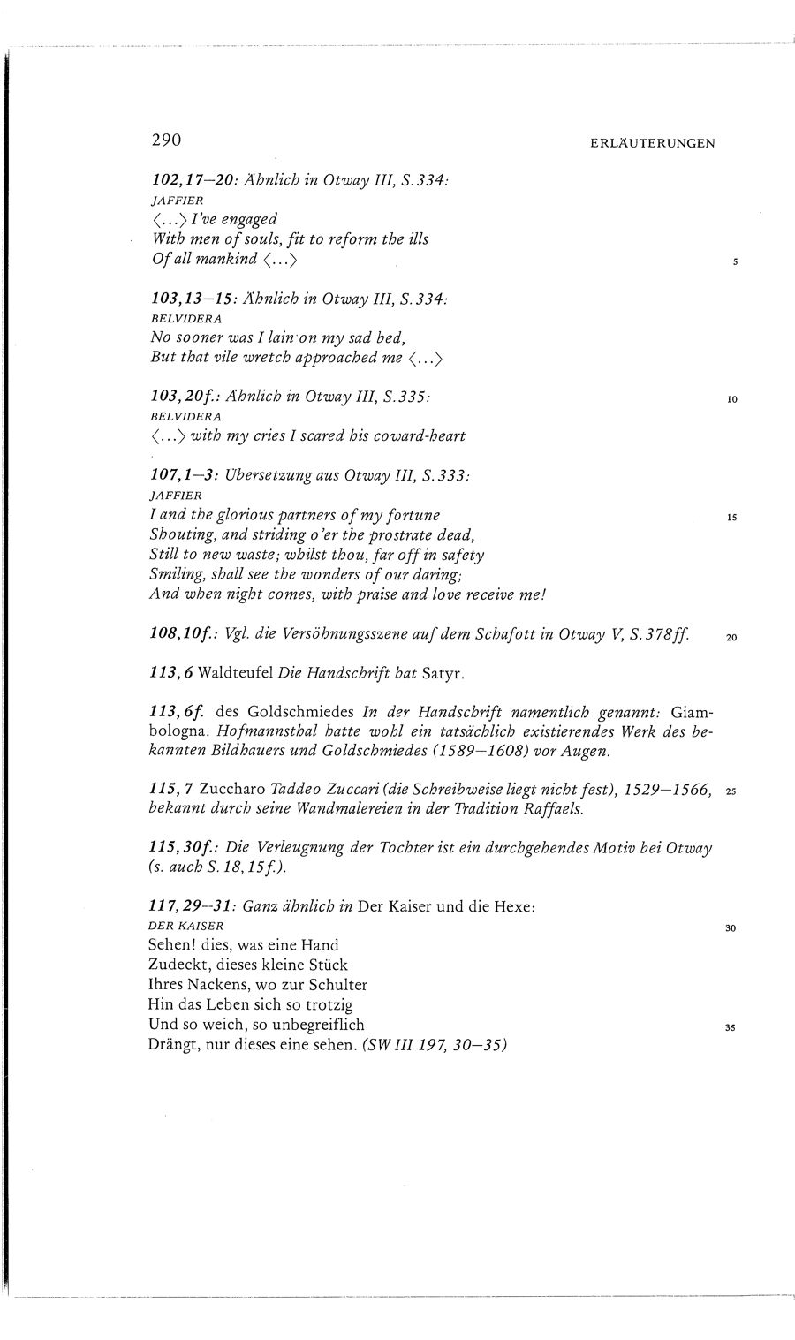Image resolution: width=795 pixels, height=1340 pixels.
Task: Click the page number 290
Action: point(166,140)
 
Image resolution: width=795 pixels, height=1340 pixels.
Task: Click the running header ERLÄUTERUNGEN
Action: point(653,143)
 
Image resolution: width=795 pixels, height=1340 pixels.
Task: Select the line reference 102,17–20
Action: point(192,179)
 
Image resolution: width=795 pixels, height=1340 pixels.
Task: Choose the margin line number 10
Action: point(731,399)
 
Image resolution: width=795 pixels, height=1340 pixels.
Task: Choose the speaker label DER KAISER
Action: point(187,926)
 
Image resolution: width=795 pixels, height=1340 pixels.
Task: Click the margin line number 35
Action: point(731,1028)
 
